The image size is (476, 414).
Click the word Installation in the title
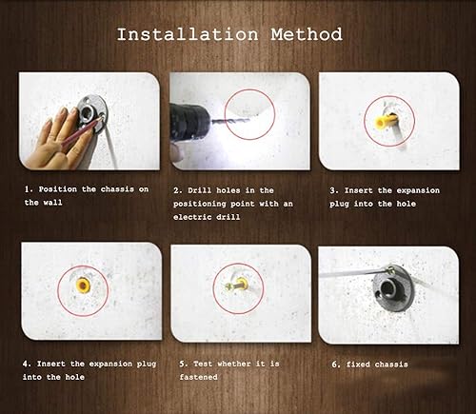click(188, 34)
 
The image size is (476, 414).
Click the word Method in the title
click(307, 34)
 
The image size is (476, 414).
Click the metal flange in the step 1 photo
click(92, 112)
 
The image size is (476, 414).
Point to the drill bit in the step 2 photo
click(230, 121)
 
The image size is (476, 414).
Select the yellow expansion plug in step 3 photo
click(386, 122)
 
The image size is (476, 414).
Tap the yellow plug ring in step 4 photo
click(83, 286)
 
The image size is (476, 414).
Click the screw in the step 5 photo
click(233, 286)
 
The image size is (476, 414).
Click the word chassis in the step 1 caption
click(117, 189)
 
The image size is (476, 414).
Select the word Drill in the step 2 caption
click(199, 190)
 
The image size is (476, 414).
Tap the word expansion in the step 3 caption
click(418, 190)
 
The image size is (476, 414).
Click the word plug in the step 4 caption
click(147, 364)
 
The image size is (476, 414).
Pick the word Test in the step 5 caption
click(203, 364)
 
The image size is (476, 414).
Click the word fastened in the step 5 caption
click(199, 377)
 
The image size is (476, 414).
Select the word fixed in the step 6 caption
click(358, 365)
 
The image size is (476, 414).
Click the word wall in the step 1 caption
click(52, 203)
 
